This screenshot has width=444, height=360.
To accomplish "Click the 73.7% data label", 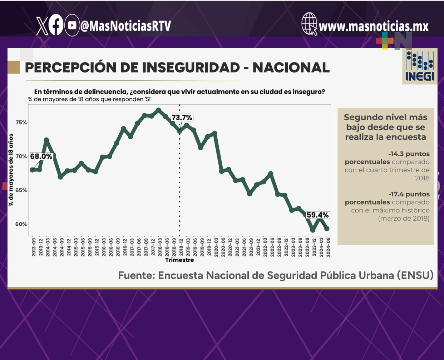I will point(182,117).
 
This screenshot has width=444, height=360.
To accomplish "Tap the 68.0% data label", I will point(41,156).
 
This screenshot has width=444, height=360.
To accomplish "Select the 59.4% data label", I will point(317,215).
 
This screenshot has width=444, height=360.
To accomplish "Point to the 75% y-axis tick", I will point(21,122).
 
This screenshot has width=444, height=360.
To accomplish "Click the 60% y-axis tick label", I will point(21,224).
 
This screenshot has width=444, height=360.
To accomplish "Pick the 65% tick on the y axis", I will point(21,190).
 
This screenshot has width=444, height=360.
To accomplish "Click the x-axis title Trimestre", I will point(179,260).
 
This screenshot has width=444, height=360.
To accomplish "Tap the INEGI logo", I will point(420,66).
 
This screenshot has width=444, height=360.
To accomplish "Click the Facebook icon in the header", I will point(56,25).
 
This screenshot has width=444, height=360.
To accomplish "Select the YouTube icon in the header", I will point(72,25).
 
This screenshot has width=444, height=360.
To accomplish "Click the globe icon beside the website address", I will point(309,24).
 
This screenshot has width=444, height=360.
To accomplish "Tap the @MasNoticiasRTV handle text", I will point(126,26).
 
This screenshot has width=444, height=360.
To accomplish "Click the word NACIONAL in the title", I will point(291,67).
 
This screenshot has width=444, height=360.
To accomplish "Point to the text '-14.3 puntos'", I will point(409,154).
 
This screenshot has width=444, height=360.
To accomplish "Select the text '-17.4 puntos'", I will point(409,194).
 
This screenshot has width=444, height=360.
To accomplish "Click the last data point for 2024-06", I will point(327,229).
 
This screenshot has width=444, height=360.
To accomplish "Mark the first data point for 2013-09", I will point(33,170).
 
